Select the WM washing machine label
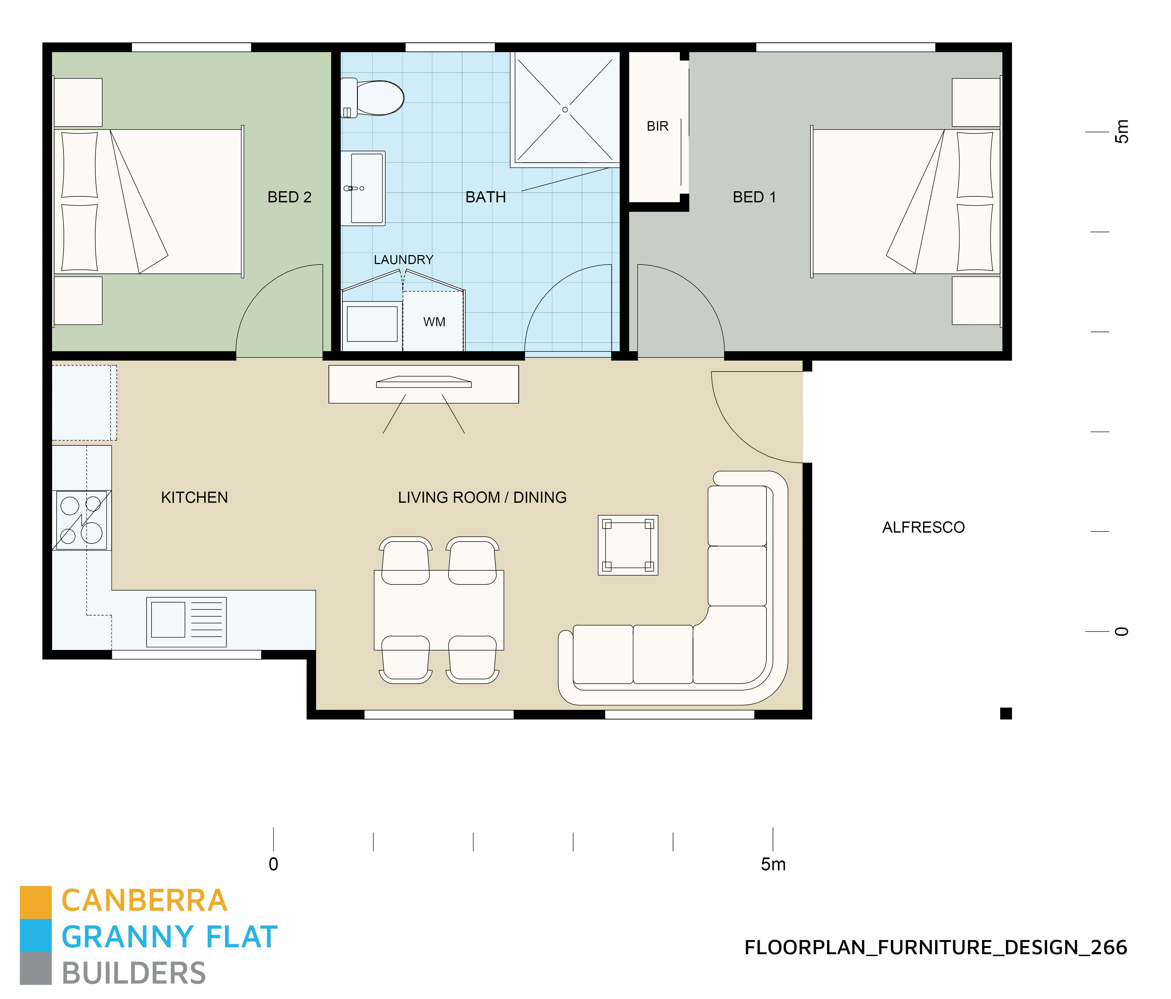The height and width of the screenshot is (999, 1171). click(434, 322)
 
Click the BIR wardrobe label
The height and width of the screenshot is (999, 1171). click(657, 126)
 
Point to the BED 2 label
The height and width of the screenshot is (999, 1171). click(289, 197)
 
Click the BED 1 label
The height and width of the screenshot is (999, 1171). click(754, 197)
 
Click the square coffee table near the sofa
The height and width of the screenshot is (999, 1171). click(628, 545)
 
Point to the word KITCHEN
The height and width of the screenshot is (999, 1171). click(194, 498)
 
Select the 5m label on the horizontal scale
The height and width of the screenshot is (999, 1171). click(772, 865)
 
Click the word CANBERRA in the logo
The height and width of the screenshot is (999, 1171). click(144, 901)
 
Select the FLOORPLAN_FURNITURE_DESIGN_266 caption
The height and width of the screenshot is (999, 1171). click(935, 948)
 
